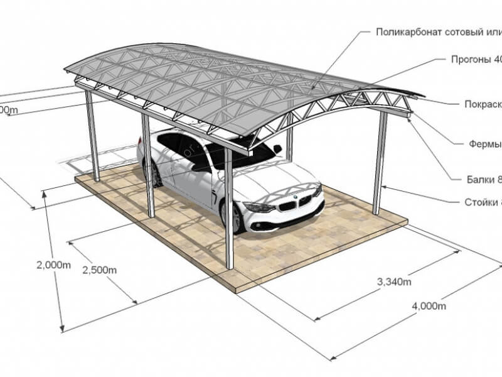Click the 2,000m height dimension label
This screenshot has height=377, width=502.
pos(53,265)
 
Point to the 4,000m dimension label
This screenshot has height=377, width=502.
pos(429,306)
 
